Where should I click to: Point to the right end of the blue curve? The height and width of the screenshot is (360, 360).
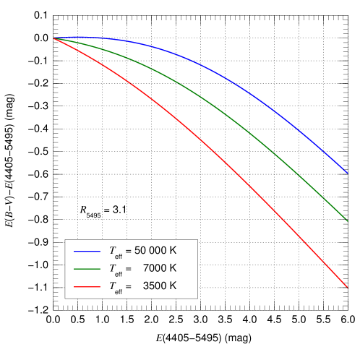point(348,173)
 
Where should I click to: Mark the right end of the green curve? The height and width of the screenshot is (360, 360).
point(348,220)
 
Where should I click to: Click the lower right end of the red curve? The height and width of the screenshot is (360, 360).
point(348,288)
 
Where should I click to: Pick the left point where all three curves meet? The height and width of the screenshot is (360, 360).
point(53,38)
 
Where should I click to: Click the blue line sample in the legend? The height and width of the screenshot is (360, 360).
point(87,252)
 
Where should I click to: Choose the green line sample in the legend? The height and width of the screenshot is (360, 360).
point(87,269)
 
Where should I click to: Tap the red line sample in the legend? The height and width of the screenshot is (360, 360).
point(87,286)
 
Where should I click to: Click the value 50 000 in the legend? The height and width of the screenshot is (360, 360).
point(150,251)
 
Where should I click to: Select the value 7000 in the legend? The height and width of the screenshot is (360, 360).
point(153,268)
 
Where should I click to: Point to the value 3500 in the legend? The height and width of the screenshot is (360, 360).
point(153,286)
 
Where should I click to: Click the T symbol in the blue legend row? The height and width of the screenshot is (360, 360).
point(112,251)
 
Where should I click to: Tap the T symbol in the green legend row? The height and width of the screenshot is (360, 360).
point(112,268)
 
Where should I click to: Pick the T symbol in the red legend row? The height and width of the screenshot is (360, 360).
point(112,286)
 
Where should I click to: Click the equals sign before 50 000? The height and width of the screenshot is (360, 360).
point(128,251)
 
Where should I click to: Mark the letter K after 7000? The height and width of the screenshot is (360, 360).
point(172,268)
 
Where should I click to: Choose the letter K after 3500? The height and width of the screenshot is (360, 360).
point(172,286)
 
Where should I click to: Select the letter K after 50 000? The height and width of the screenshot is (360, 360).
point(172,251)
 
